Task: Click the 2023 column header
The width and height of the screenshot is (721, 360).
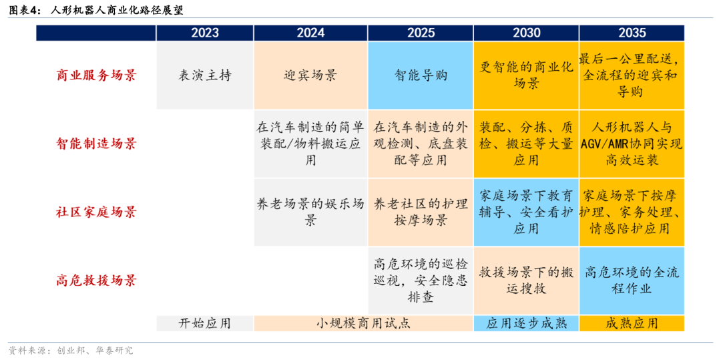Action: pyautogui.click(x=205, y=33)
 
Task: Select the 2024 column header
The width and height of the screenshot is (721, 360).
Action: pyautogui.click(x=310, y=33)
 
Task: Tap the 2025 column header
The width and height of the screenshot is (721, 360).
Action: pyautogui.click(x=421, y=33)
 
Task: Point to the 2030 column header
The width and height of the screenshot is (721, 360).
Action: pyautogui.click(x=527, y=33)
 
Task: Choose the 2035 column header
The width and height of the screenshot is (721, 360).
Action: pyautogui.click(x=632, y=33)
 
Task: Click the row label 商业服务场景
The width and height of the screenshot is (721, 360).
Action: pyautogui.click(x=96, y=75)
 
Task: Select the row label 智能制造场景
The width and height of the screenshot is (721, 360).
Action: pyautogui.click(x=96, y=144)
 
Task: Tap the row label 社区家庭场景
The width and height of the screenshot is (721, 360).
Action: pyautogui.click(x=96, y=212)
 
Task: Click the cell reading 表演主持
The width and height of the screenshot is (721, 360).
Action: pyautogui.click(x=205, y=75)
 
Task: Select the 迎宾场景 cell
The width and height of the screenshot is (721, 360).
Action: pyautogui.click(x=310, y=75)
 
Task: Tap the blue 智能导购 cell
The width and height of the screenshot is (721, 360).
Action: pyautogui.click(x=421, y=75)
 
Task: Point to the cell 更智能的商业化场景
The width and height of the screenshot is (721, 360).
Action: pyautogui.click(x=527, y=75)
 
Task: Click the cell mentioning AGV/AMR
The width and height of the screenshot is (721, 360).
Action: pyautogui.click(x=632, y=144)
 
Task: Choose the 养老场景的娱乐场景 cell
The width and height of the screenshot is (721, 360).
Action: pyautogui.click(x=310, y=212)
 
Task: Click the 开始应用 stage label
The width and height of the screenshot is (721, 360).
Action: pyautogui.click(x=205, y=323)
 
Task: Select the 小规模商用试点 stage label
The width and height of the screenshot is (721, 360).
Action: pyautogui.click(x=363, y=323)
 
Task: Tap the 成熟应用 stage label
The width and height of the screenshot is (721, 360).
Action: pyautogui.click(x=632, y=323)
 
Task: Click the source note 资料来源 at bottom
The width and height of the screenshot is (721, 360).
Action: pyautogui.click(x=71, y=351)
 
